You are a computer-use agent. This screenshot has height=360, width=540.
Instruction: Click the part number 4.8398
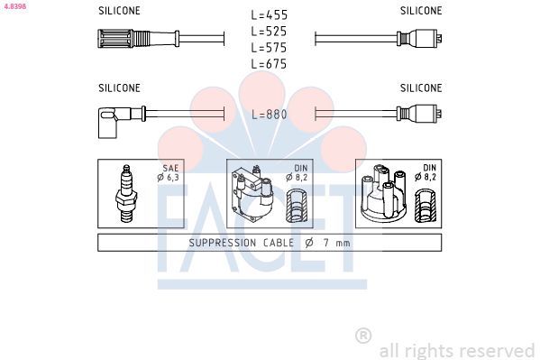click(14, 6)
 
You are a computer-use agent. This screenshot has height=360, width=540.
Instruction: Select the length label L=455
click(269, 15)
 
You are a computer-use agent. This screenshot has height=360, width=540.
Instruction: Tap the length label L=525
click(269, 32)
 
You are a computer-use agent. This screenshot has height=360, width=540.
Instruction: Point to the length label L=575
click(269, 48)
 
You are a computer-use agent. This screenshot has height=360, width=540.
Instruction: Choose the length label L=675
click(269, 64)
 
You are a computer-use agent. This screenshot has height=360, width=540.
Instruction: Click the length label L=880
click(269, 115)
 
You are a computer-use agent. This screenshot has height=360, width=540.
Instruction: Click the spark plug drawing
click(126, 193)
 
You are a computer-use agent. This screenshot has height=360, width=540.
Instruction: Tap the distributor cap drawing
click(383, 193)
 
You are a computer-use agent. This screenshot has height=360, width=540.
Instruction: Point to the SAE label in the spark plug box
click(170, 169)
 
